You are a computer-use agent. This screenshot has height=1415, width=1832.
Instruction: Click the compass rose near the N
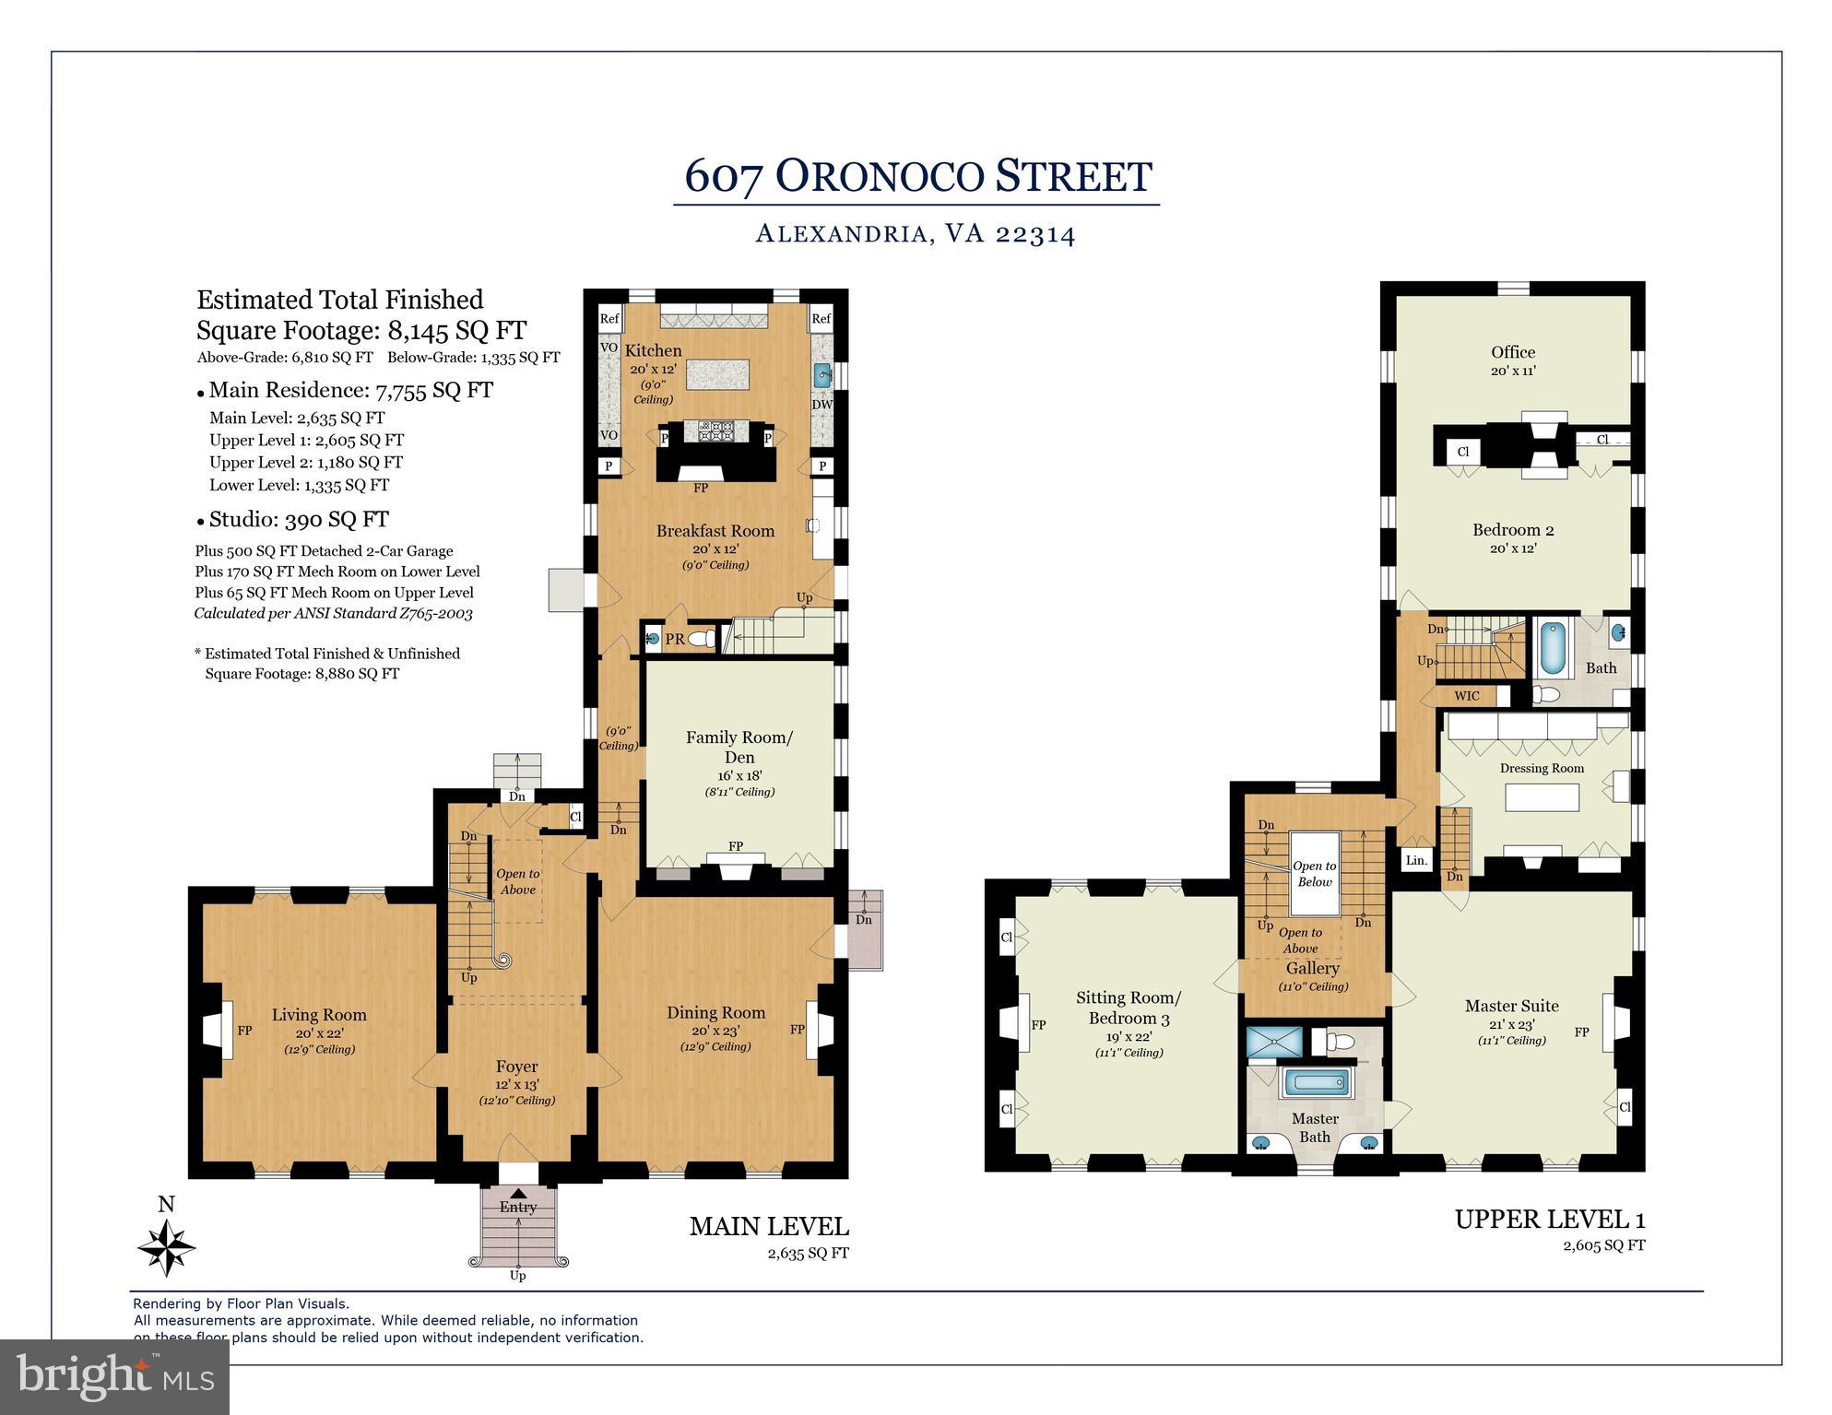(x=167, y=1248)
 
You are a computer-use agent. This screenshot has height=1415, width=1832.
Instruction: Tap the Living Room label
(x=319, y=1015)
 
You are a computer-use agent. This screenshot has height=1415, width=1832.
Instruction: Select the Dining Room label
(x=715, y=1012)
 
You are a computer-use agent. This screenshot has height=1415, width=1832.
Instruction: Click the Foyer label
(x=516, y=1067)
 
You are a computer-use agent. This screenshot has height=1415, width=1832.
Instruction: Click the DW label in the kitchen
(x=821, y=405)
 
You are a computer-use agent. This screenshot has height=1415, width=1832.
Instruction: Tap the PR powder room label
(x=675, y=639)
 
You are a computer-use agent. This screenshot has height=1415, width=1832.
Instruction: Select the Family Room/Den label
(x=739, y=747)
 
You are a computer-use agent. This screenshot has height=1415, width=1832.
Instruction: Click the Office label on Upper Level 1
(x=1513, y=352)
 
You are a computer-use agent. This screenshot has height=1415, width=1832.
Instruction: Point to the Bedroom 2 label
(x=1513, y=530)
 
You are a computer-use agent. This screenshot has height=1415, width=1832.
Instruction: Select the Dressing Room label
(x=1542, y=768)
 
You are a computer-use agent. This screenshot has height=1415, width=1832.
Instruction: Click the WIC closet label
(x=1466, y=696)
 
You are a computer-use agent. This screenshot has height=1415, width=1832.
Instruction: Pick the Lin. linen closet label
(x=1416, y=861)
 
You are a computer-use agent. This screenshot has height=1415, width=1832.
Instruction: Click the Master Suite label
(x=1511, y=1006)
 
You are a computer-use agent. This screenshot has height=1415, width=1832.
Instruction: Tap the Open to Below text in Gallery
(x=1314, y=874)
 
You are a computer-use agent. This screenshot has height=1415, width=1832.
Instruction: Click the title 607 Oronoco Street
(x=917, y=176)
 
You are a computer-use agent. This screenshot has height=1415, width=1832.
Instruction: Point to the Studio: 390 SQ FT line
(x=298, y=519)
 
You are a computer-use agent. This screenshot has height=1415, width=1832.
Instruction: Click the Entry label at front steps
(x=517, y=1207)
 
